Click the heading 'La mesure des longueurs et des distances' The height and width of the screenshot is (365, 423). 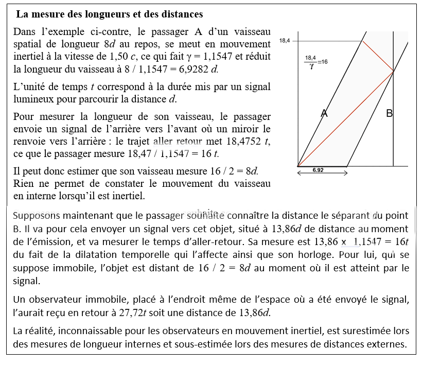(110, 14)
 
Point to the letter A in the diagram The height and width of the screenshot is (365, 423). (324, 113)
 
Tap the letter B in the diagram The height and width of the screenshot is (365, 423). (390, 113)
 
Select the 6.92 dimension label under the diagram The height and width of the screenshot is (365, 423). (318, 169)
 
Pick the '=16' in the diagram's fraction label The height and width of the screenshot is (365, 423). (323, 61)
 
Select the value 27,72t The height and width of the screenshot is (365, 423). (169, 313)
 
